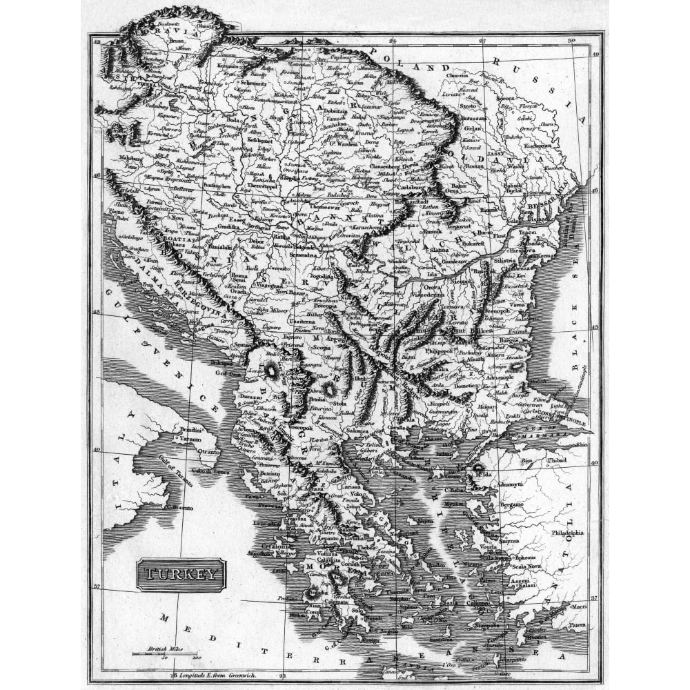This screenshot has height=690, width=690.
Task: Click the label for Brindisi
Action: pyautogui.click(x=189, y=428)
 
